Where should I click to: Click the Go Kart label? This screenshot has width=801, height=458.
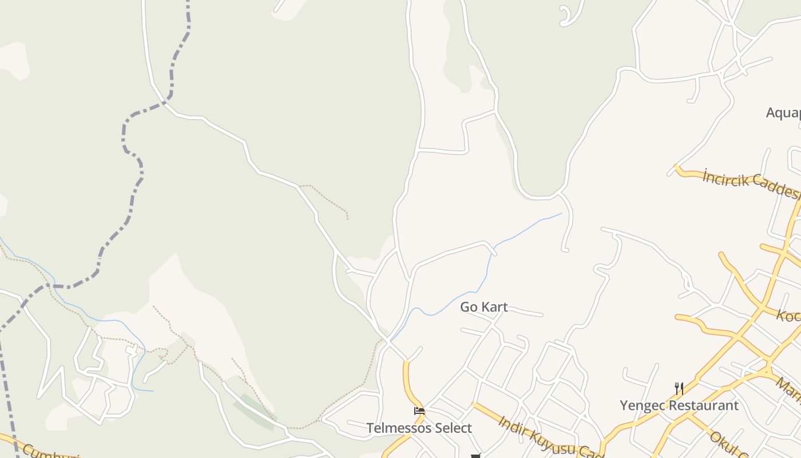[483, 307]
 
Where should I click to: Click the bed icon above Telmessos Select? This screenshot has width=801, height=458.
[419, 410]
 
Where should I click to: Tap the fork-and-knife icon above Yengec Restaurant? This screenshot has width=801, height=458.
[679, 389]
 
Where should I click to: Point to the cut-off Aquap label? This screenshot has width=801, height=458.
[783, 113]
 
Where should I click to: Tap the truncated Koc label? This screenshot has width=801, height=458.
[788, 315]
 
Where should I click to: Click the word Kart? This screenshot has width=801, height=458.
[494, 307]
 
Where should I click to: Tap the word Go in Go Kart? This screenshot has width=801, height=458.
[469, 307]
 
